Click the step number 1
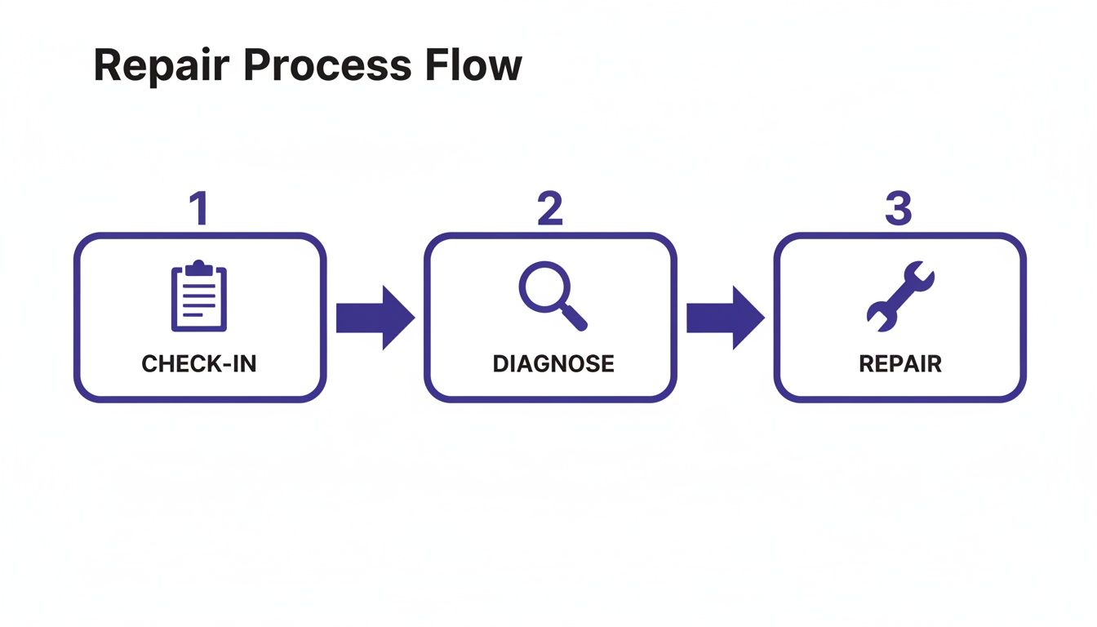[198, 209]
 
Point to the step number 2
[549, 209]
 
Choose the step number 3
[899, 209]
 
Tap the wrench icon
[900, 296]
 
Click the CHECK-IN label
[199, 363]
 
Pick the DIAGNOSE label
[553, 363]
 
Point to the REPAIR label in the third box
[900, 363]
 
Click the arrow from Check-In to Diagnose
[375, 318]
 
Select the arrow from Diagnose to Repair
[725, 318]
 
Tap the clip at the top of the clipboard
[199, 267]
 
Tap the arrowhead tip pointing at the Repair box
[762, 318]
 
